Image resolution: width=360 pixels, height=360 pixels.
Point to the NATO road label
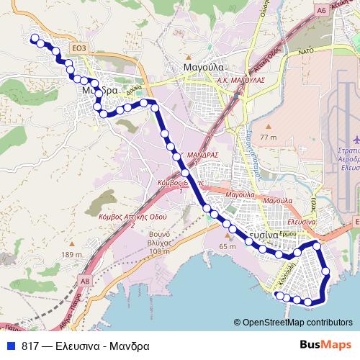click(x=306, y=53)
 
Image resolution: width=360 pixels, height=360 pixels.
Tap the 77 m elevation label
click(x=269, y=137)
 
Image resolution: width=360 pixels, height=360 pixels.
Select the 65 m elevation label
click(x=228, y=247)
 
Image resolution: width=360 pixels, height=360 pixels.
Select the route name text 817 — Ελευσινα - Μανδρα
click(x=86, y=346)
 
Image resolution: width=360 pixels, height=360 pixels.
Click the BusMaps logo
click(x=325, y=346)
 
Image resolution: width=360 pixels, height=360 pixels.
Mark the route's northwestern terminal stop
click(x=33, y=40)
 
